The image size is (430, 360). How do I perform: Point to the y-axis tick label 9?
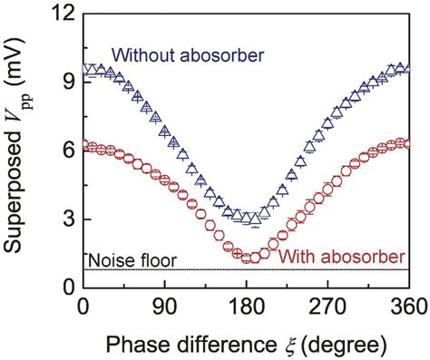pyautogui.click(x=68, y=80)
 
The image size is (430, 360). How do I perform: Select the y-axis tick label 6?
pyautogui.click(x=68, y=150)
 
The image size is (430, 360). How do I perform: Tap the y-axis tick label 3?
pyautogui.click(x=68, y=219)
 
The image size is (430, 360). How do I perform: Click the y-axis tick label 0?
pyautogui.click(x=68, y=288)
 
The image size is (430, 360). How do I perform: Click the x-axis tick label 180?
pyautogui.click(x=245, y=308)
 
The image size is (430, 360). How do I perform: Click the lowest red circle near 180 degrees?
pyautogui.click(x=246, y=258)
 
